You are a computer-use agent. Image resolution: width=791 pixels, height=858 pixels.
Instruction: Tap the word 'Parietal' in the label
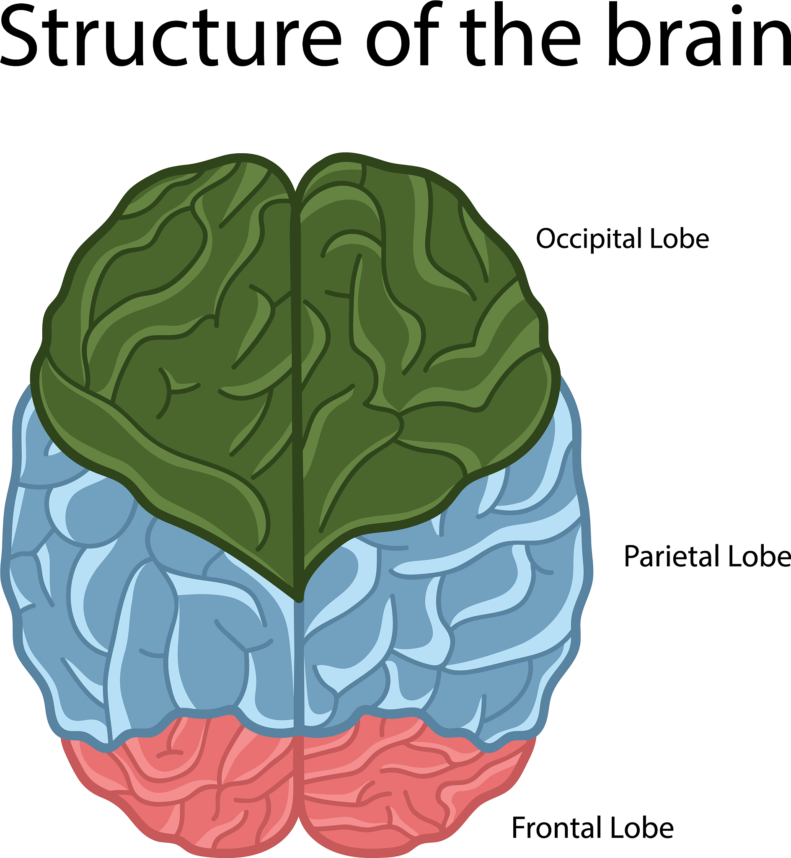672,557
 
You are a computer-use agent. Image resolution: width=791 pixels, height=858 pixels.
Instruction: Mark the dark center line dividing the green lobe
296,385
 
